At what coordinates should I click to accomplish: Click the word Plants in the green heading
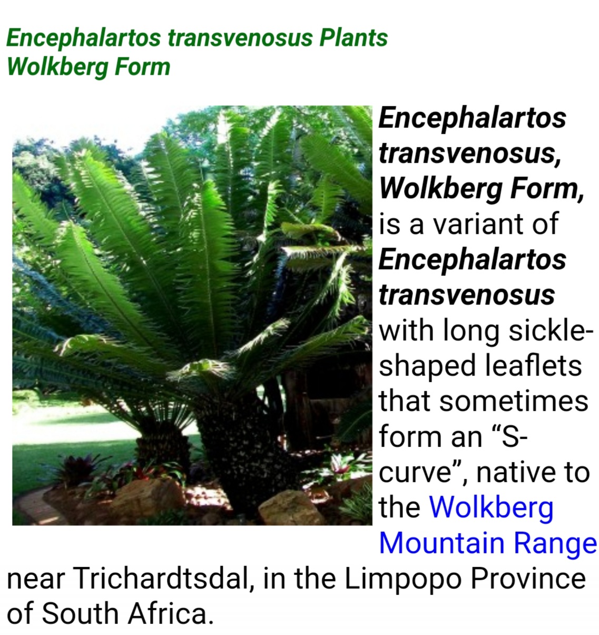pyautogui.click(x=353, y=38)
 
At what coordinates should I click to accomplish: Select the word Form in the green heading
pyautogui.click(x=142, y=66)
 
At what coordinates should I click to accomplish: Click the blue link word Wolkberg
pyautogui.click(x=491, y=508)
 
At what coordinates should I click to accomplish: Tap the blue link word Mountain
pyautogui.click(x=442, y=543)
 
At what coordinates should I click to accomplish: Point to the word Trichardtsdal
pyautogui.click(x=163, y=579)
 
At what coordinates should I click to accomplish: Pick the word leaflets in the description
pyautogui.click(x=533, y=365)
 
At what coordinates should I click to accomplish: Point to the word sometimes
pyautogui.click(x=514, y=401)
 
